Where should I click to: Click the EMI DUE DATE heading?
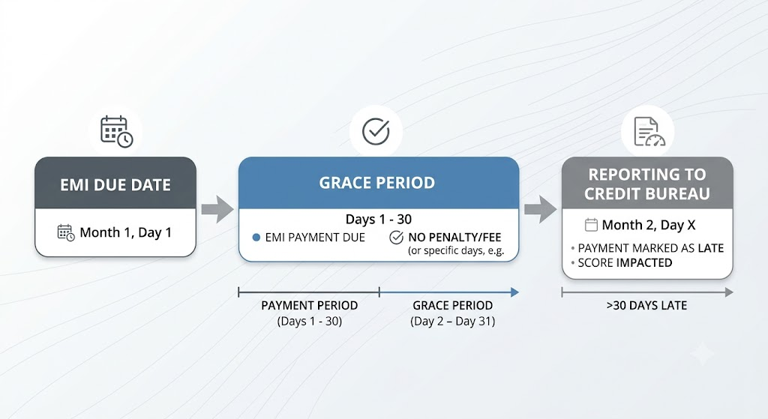(x=115, y=185)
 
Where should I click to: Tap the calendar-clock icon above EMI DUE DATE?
(x=116, y=132)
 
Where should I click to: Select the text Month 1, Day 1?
(x=125, y=232)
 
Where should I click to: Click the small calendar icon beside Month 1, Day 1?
(x=66, y=232)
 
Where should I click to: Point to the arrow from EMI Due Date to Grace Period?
(x=217, y=210)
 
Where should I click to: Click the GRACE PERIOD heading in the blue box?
(x=377, y=183)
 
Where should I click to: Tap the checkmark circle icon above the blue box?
(x=376, y=131)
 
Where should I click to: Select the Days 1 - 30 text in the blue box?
(x=379, y=220)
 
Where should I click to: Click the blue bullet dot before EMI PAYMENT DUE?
(x=256, y=238)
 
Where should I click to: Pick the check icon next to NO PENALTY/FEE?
(x=396, y=238)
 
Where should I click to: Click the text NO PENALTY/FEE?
(x=454, y=238)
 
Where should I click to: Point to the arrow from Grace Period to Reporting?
(x=540, y=210)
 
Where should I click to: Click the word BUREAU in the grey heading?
(x=679, y=194)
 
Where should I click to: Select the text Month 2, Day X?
(x=649, y=225)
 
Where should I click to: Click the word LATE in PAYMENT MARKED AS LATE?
(x=711, y=248)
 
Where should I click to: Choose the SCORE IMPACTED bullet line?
(x=622, y=263)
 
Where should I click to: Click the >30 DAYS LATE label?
(x=646, y=305)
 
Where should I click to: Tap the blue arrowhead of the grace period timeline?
(x=514, y=292)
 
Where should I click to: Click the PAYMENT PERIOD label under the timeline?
(x=310, y=305)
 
